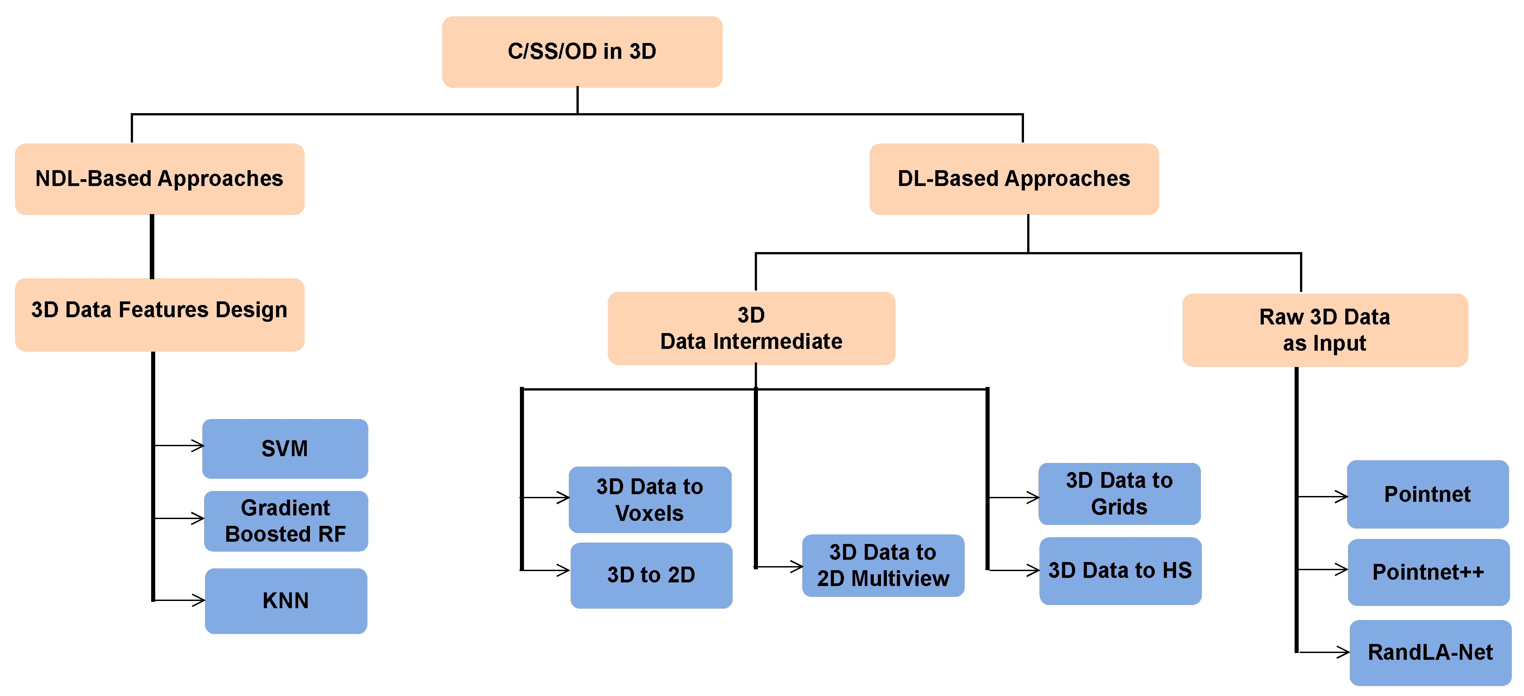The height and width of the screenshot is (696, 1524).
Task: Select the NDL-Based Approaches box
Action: [159, 179]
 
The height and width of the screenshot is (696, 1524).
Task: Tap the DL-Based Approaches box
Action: [1014, 179]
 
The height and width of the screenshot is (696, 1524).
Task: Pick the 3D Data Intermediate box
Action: [751, 329]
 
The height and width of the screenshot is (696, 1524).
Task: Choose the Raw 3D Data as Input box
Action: [1324, 330]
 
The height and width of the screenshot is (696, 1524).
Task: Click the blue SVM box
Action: [285, 448]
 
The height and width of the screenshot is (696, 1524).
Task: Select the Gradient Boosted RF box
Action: [286, 521]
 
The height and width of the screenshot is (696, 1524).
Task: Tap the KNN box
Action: [286, 601]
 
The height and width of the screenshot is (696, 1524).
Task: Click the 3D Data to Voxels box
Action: [650, 500]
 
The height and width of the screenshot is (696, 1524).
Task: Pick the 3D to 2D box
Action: [651, 575]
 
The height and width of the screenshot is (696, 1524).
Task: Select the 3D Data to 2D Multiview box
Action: [883, 565]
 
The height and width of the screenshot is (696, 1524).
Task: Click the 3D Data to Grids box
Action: [1119, 494]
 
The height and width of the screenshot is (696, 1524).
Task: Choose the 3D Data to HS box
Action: [1120, 571]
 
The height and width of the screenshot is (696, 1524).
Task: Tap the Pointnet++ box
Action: [1428, 572]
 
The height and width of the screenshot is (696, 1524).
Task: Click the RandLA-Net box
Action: [1430, 652]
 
